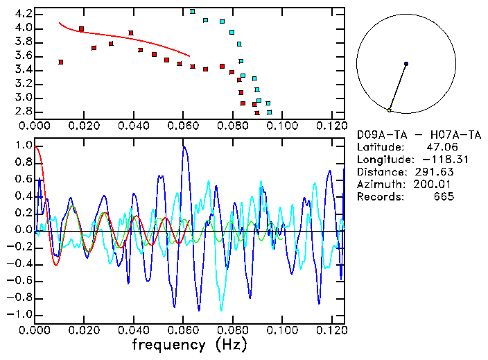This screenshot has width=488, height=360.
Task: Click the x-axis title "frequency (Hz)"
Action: tap(189, 345)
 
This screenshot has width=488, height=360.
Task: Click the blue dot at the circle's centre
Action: tap(406, 64)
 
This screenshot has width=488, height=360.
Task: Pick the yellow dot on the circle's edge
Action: tap(390, 110)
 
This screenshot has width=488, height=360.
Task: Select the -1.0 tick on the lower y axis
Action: tap(20, 314)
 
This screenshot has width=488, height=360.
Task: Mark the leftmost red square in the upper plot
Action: tap(61, 62)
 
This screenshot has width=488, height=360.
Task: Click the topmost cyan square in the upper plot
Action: tap(193, 11)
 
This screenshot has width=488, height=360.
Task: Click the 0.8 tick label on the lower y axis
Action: tap(23, 163)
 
